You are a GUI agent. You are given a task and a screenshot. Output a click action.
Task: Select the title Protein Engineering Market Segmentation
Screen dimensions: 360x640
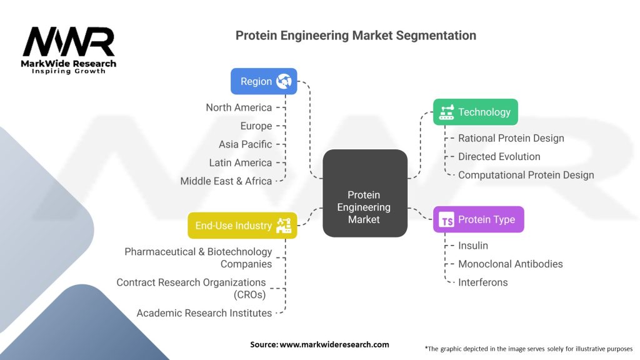coord(356,36)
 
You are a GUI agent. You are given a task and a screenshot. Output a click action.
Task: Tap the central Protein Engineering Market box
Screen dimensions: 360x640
coord(364,207)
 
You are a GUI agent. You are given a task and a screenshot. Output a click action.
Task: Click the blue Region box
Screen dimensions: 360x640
coord(264,81)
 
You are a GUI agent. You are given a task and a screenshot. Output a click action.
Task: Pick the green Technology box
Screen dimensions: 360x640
coord(475,112)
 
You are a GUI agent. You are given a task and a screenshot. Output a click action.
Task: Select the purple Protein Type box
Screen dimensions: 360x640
coord(478,219)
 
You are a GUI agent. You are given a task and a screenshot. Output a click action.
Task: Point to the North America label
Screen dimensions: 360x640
coord(239,107)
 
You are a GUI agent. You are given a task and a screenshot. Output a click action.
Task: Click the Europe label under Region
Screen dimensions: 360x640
coord(256,126)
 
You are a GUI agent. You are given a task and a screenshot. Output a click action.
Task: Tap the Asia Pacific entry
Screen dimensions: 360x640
coord(245,144)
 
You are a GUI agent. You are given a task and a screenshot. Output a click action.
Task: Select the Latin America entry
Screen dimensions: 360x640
coord(241,162)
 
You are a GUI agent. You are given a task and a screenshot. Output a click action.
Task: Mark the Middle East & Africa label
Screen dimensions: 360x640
coord(226,181)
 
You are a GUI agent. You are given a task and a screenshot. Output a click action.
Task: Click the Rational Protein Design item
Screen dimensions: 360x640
coord(511,138)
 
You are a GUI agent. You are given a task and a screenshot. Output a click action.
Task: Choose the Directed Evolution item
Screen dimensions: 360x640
coord(499,156)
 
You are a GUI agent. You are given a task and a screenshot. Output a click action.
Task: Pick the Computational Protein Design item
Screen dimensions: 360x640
coord(526,175)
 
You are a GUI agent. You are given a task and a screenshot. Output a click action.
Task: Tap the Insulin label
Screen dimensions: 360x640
coord(473,246)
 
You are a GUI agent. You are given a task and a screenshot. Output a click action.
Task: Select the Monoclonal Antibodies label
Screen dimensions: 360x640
coord(510,264)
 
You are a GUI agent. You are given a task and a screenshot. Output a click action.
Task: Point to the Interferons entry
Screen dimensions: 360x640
coord(482,282)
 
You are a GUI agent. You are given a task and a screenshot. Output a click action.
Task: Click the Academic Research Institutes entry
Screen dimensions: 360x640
coord(204,313)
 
